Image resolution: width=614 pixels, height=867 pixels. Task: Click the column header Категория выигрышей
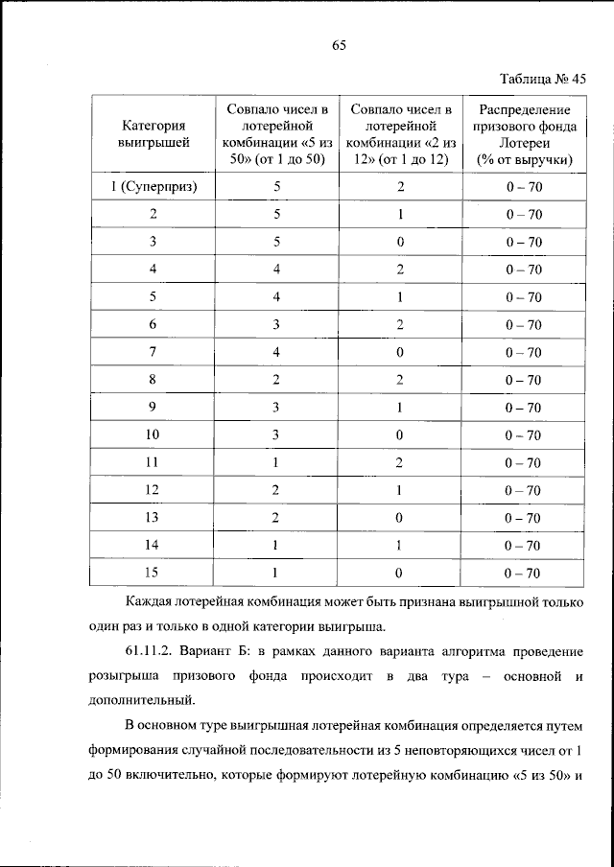point(153,133)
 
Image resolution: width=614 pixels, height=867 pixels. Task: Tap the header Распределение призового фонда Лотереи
point(524,133)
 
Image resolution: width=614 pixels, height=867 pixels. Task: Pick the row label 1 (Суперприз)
point(153,187)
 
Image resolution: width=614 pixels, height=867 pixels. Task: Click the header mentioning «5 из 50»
point(276,133)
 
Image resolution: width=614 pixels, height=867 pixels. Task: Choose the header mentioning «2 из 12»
point(400,133)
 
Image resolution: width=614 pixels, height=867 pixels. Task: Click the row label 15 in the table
point(153,574)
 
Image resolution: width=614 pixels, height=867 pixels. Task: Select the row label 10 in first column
point(153,435)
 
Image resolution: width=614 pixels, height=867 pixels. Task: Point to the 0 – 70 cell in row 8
point(524,380)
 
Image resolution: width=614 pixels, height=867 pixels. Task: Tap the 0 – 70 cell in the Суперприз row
point(524,187)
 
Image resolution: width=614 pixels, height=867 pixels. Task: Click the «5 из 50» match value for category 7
point(276,352)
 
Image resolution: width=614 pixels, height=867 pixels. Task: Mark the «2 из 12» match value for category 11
point(400,463)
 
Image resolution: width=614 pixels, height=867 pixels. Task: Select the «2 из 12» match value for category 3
point(400,242)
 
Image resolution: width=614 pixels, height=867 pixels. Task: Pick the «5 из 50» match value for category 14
point(276,546)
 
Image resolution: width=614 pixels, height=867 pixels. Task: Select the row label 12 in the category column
point(153,490)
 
